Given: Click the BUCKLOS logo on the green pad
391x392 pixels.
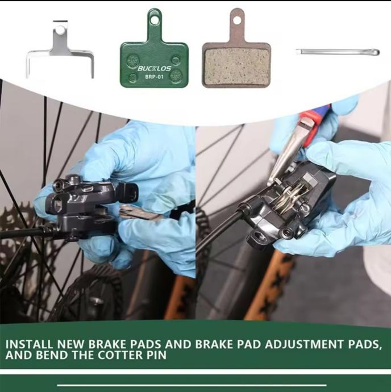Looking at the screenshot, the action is tap(154, 68).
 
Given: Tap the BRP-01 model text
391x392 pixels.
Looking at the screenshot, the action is tap(154, 77).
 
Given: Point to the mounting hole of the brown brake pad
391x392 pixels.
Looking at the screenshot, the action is tap(237, 20).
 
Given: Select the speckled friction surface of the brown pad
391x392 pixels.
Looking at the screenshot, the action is tap(236, 65).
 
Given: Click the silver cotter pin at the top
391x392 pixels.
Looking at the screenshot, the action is tap(338, 52).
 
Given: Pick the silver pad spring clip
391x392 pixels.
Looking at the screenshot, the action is tap(60, 52).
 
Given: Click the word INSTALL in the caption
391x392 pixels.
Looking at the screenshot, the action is tap(29, 344).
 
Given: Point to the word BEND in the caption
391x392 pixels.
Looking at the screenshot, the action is tap(52, 355).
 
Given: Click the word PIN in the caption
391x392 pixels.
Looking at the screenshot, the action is tap(156, 355).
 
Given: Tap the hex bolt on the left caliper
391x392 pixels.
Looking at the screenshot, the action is tap(57, 185).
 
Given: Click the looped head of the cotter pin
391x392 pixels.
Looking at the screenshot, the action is tap(375, 52).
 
